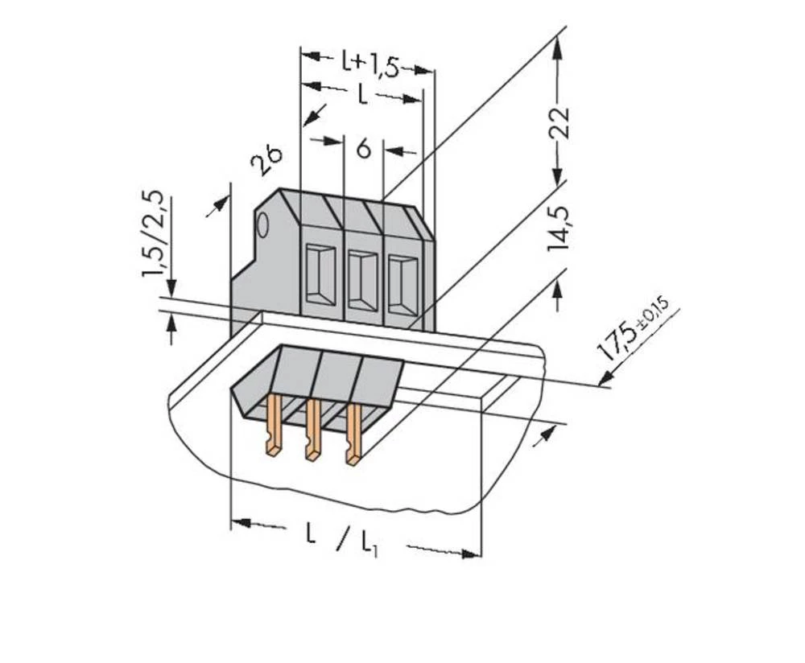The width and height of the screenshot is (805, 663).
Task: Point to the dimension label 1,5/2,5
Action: [155, 233]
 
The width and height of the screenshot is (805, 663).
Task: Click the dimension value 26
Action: [266, 160]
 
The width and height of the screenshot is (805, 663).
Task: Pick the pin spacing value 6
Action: [363, 150]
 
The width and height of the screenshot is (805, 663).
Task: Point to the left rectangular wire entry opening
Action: [320, 274]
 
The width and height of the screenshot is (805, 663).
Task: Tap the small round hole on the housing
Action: [263, 227]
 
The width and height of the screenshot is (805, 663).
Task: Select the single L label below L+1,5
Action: [363, 95]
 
